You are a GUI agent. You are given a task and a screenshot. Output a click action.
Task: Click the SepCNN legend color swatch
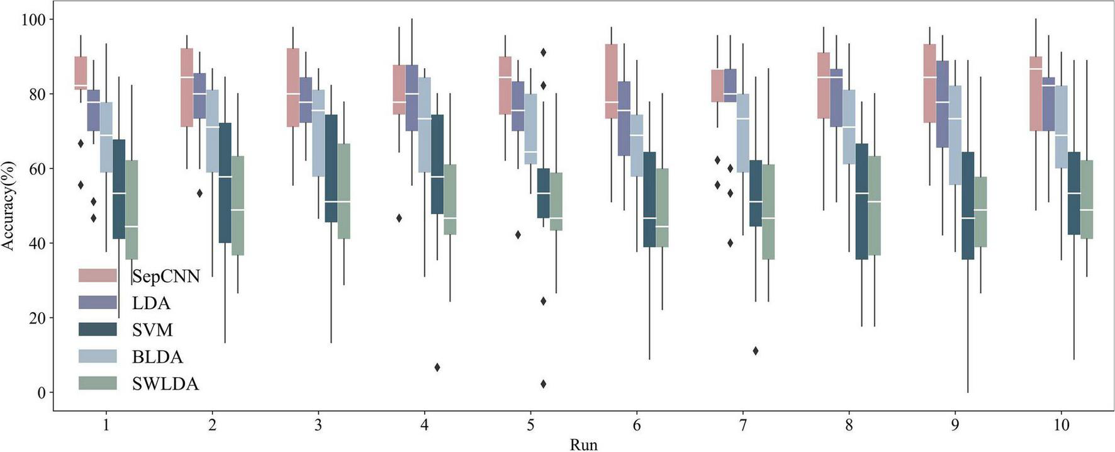(98, 276)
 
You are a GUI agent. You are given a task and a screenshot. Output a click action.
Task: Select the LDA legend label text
(151, 303)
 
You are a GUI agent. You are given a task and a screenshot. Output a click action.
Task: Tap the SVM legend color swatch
(98, 329)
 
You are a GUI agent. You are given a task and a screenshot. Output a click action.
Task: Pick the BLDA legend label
(157, 357)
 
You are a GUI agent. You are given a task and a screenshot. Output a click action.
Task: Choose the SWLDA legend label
(165, 384)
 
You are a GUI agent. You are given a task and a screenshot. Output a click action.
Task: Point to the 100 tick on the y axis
(37, 20)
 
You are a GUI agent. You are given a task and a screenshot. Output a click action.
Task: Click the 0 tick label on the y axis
(42, 392)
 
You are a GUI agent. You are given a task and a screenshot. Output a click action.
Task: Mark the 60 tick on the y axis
(37, 169)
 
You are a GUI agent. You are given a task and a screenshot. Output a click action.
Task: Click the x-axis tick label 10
(1061, 426)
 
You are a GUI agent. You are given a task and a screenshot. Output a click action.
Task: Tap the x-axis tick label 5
(530, 426)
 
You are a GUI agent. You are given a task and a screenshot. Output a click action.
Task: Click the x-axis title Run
(583, 444)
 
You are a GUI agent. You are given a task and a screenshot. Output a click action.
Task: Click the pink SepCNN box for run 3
(293, 88)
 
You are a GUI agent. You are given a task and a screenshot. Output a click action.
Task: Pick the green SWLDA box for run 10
(1087, 200)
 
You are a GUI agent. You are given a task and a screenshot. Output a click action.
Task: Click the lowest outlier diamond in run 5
(543, 384)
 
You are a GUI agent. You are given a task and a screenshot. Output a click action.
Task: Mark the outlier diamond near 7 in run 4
(437, 367)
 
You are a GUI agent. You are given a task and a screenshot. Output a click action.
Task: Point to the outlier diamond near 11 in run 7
(755, 351)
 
